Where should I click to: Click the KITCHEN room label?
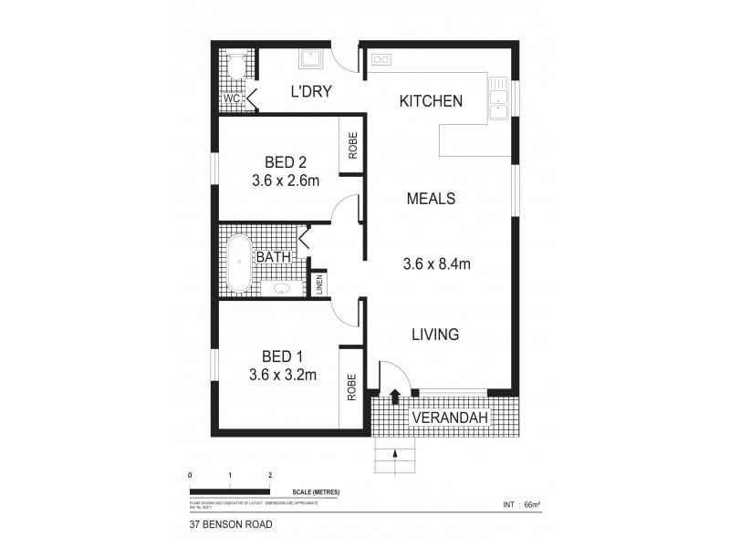pyautogui.click(x=432, y=101)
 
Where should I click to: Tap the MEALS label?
pyautogui.click(x=432, y=199)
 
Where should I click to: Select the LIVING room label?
pyautogui.click(x=433, y=335)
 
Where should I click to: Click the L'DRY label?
pyautogui.click(x=310, y=91)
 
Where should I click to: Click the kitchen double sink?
pyautogui.click(x=498, y=99)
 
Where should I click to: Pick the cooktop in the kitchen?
pyautogui.click(x=381, y=61)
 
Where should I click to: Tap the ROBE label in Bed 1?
pyautogui.click(x=351, y=386)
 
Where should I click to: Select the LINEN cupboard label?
pyautogui.click(x=320, y=284)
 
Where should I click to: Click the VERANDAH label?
pyautogui.click(x=450, y=418)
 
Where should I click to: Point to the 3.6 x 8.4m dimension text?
pyautogui.click(x=436, y=265)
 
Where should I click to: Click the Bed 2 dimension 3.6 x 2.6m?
pyautogui.click(x=286, y=181)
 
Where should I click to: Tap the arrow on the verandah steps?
pyautogui.click(x=394, y=453)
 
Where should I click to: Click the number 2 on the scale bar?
pyautogui.click(x=271, y=476)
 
